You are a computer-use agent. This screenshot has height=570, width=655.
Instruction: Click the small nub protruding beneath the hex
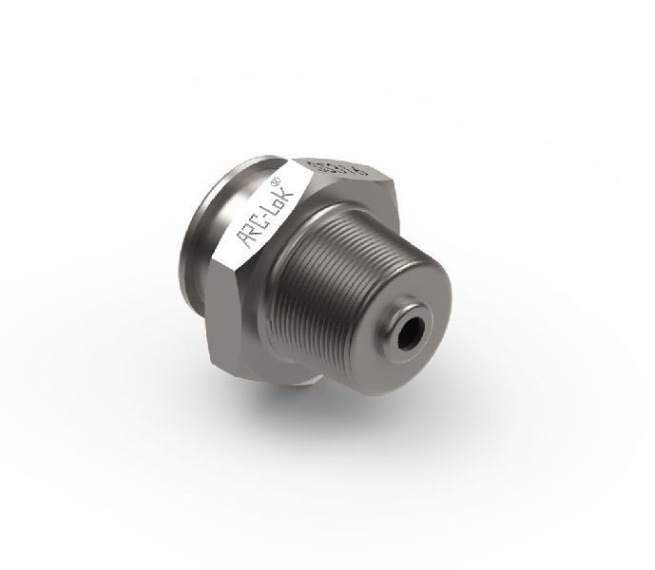coord(301,381)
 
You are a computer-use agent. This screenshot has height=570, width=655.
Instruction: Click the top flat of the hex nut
coord(333,171)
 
